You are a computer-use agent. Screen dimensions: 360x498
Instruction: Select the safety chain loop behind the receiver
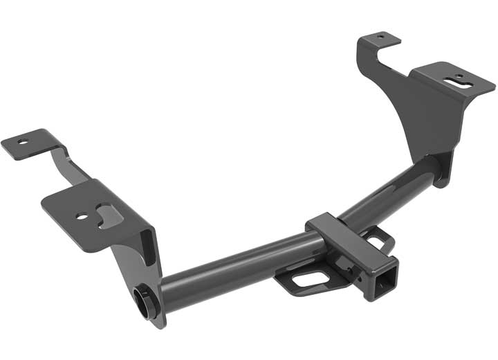coord(379,239)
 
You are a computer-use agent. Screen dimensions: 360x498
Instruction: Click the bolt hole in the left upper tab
coord(24,141)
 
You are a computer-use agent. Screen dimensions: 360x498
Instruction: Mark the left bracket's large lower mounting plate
coord(93,208)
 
